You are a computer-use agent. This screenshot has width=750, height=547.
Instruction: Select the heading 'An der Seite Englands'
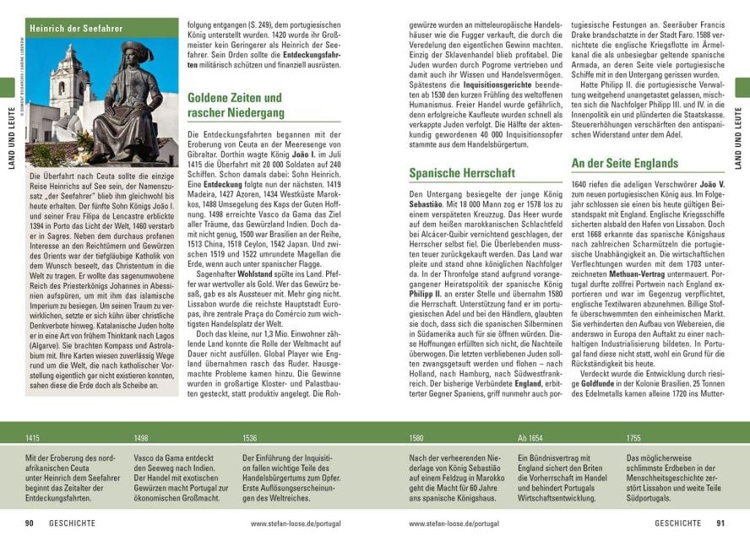point(624,163)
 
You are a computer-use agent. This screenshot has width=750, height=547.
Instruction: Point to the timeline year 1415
point(33,438)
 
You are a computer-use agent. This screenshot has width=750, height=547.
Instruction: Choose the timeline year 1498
point(141,438)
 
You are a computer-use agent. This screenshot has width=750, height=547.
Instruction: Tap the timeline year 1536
point(249,438)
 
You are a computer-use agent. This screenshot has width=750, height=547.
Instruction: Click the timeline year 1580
point(416,438)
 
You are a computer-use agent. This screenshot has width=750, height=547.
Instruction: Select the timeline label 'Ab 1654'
point(530,438)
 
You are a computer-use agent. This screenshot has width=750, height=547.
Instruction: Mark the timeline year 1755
point(633,438)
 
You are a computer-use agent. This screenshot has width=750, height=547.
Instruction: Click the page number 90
point(29,523)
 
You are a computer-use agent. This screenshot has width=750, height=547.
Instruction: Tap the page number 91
point(720,523)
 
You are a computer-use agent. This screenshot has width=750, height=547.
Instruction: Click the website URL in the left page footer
point(295,523)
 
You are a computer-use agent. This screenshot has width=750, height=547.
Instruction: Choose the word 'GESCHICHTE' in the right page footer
point(677,523)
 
